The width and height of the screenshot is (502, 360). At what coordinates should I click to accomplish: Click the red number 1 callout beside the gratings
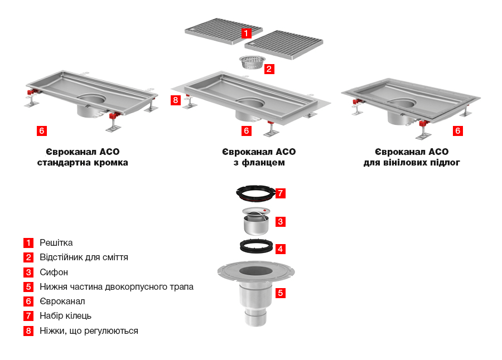pos(246,33)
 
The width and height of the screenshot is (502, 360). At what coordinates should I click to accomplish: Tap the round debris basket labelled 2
pos(252,62)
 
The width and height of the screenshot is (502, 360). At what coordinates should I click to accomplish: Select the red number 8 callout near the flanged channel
pos(176,100)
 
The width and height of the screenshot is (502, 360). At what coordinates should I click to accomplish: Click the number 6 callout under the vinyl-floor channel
pos(458,130)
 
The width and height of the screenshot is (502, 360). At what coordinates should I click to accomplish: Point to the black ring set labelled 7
pos(255,193)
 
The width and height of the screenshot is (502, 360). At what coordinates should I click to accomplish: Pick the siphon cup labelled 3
pos(256,221)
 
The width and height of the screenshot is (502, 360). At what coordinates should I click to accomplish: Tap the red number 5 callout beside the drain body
pos(281,293)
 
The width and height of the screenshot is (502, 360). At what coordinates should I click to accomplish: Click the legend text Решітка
pos(56,243)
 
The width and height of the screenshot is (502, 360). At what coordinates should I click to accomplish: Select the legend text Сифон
pos(54,273)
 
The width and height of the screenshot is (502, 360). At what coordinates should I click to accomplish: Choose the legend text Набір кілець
pos(66,316)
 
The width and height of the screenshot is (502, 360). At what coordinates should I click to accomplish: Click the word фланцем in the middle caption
pos(263,163)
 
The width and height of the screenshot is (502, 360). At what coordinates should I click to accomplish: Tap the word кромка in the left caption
pos(111,163)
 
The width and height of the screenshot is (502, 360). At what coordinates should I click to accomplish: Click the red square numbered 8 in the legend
pos(28,330)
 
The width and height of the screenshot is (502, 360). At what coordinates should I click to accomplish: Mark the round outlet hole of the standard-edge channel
pos(91,99)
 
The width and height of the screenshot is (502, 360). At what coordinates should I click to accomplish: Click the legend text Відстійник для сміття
pos(84,257)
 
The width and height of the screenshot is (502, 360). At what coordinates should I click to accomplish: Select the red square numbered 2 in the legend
pos(28,257)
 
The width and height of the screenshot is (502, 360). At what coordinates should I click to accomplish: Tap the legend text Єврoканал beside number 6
pos(62,301)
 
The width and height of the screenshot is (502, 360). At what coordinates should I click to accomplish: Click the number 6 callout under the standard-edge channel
pos(42,130)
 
